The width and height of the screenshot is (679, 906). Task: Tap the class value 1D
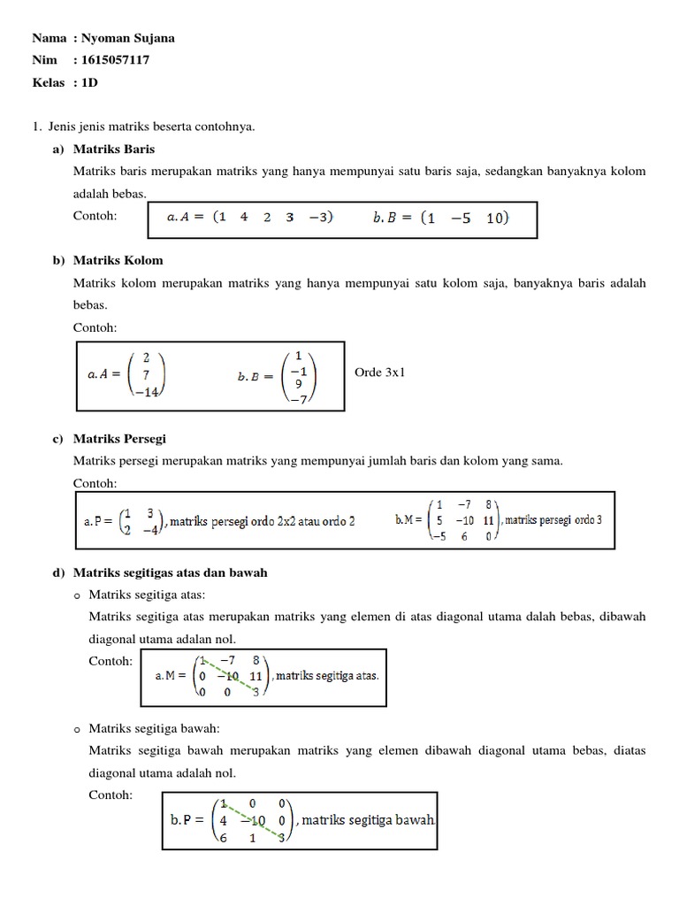tap(89, 82)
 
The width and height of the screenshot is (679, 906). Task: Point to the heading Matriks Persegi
tap(119, 438)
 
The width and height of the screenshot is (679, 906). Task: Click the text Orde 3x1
tap(379, 373)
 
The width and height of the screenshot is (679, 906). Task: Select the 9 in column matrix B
tap(298, 384)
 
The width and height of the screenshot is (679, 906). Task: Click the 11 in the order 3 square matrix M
tap(488, 520)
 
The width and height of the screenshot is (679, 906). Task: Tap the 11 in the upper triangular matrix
tap(256, 675)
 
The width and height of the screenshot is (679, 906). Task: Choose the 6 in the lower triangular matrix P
tap(224, 837)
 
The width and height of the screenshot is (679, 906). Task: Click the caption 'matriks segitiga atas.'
tap(328, 676)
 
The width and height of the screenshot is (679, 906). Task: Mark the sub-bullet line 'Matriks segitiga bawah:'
tap(155, 727)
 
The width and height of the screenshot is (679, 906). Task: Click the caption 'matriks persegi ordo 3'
tap(553, 519)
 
